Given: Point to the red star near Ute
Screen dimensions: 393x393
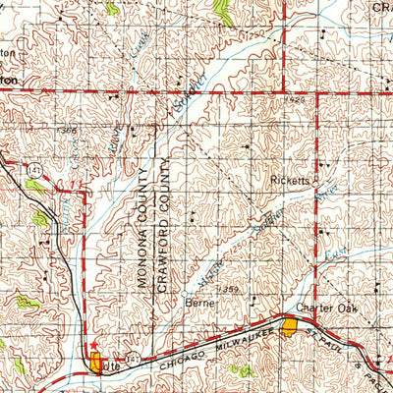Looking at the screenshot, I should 93,347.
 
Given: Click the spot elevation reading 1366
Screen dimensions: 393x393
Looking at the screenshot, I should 67,130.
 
